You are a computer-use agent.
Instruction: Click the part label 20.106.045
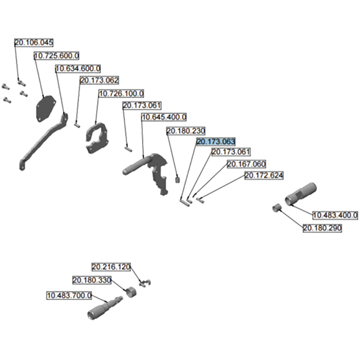[34, 43]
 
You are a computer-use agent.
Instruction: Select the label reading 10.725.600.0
[57, 55]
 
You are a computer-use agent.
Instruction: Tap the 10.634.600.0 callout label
[77, 68]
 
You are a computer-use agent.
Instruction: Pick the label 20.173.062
[99, 81]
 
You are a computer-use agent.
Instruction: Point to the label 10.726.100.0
[121, 94]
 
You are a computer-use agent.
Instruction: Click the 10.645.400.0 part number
[164, 117]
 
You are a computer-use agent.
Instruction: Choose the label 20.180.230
[186, 131]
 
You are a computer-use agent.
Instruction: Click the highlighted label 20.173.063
[216, 142]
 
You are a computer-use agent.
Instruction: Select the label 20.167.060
[246, 164]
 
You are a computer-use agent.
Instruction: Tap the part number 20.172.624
[264, 175]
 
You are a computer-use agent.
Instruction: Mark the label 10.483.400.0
[335, 215]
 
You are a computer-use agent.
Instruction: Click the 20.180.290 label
[322, 229]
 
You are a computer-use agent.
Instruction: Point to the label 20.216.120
[111, 267]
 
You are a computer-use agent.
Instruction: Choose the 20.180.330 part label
[92, 280]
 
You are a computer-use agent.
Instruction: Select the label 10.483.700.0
[69, 295]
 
